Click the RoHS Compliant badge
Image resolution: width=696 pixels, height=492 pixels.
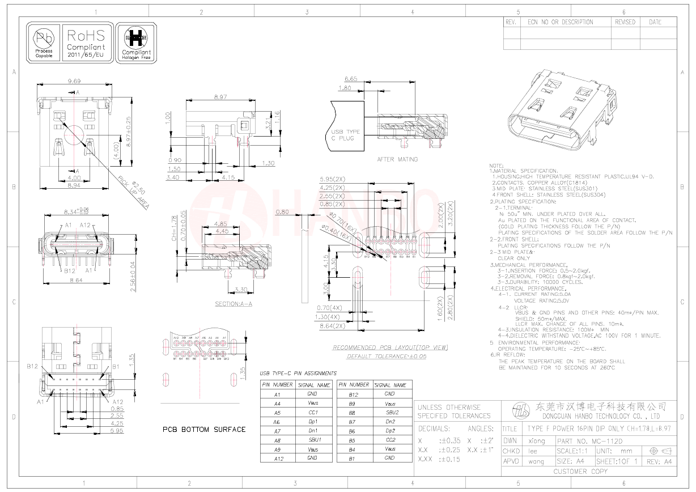point(86,43)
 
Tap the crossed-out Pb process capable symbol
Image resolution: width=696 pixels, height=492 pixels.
point(44,43)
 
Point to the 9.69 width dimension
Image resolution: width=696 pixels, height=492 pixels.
point(74,81)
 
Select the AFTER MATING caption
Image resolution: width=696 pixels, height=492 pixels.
point(397,159)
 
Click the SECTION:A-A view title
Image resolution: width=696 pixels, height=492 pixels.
point(234,304)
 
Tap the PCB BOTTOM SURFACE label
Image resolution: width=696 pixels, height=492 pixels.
point(204,429)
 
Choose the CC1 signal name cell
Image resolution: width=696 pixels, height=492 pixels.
point(312,413)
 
